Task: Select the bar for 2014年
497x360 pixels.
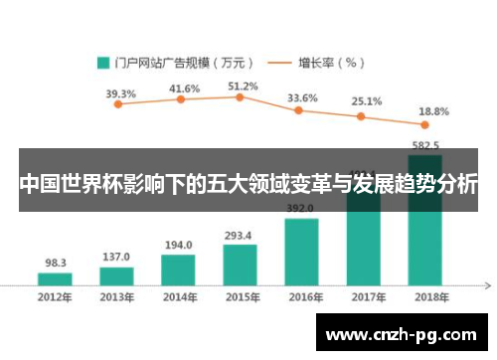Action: pos(178,270)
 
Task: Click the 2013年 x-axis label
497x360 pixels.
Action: pos(116,296)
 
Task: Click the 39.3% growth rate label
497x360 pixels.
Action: pos(120,93)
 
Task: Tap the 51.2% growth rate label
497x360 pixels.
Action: pos(243,86)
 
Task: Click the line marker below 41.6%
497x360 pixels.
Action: pos(181,99)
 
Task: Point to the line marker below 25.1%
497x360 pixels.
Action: pos(362,116)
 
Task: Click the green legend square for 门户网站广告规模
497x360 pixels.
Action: pos(102,62)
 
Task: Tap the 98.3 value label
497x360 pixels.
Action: pos(57,263)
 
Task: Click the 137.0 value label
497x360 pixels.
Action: pos(116,256)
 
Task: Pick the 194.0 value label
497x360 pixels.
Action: pos(179,245)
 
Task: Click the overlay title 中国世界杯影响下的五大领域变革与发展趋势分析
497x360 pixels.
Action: pos(248,185)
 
